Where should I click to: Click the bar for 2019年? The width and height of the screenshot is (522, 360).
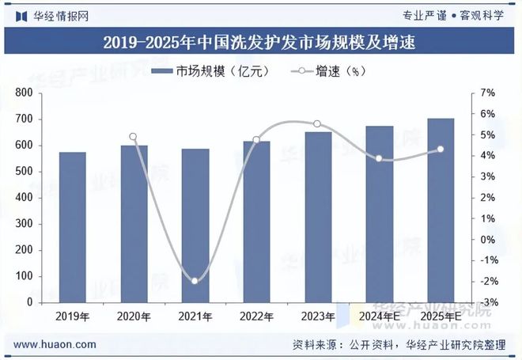pos(73,227)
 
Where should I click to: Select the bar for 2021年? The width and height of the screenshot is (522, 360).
pos(195,225)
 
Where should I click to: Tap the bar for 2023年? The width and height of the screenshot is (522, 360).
pos(318,217)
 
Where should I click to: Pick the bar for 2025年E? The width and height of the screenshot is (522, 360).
pos(441,210)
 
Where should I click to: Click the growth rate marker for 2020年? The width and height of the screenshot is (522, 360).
pos(133,137)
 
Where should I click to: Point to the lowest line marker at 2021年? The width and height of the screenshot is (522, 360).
pos(195,281)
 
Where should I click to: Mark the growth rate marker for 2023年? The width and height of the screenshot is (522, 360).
pos(317,124)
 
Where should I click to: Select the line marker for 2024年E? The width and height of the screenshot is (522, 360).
pos(379,158)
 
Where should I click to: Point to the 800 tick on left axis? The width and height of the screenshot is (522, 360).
pos(24,93)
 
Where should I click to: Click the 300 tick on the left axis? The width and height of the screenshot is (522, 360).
pos(24,224)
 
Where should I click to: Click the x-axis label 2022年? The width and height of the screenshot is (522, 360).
pos(256,316)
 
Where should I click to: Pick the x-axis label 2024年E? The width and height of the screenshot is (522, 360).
pos(379,316)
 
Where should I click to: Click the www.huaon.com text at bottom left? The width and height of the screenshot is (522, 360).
pos(55,345)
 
